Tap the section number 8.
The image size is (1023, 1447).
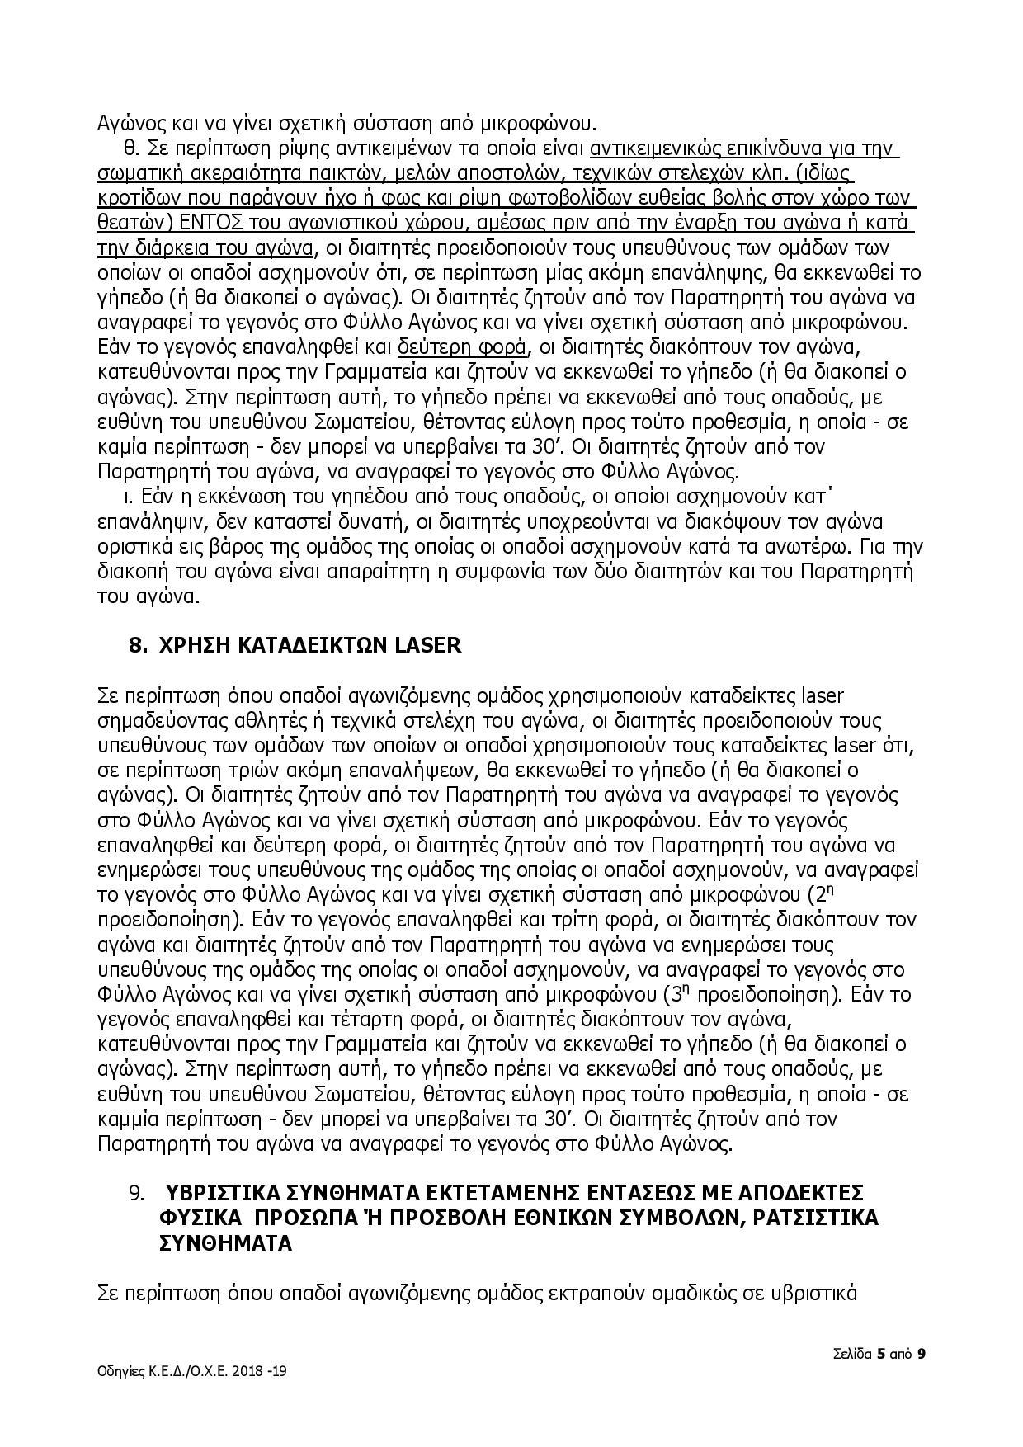(x=137, y=644)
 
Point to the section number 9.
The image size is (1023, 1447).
(x=137, y=1194)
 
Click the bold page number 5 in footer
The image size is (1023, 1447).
(x=882, y=1354)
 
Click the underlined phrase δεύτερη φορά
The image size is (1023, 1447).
(x=462, y=346)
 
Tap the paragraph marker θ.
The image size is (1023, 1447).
(x=130, y=149)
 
